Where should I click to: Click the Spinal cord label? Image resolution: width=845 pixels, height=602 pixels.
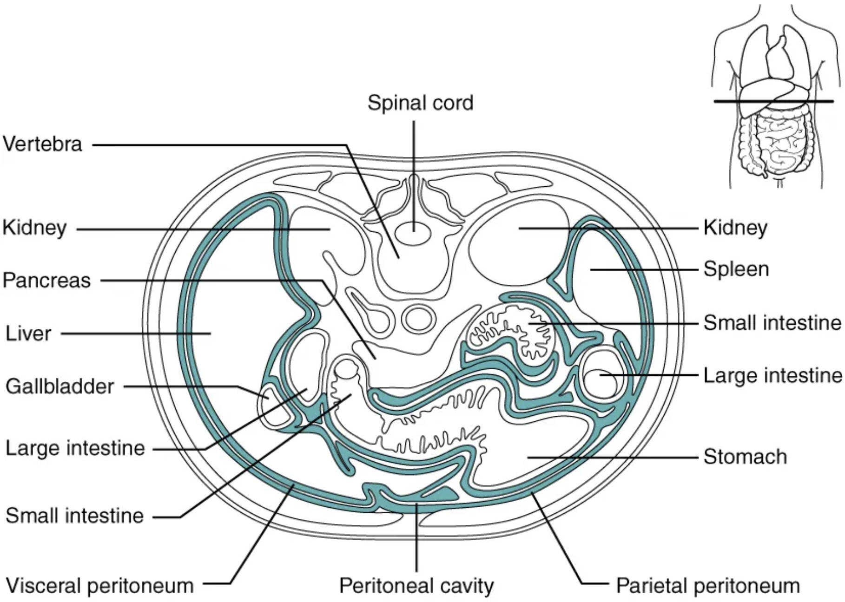tap(420, 103)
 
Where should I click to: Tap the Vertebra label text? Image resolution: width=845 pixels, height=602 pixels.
tap(42, 144)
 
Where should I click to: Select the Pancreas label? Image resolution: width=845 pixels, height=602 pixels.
tap(46, 281)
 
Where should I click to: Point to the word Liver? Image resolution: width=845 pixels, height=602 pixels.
tap(28, 334)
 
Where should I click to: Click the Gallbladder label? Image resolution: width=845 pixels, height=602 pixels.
tap(59, 386)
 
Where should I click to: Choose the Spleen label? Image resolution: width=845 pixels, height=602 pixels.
tap(736, 269)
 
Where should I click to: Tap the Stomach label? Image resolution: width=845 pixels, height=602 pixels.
tap(745, 457)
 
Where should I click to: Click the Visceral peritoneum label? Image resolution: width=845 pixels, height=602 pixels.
tap(99, 586)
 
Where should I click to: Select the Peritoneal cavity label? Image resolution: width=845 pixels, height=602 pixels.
tap(416, 586)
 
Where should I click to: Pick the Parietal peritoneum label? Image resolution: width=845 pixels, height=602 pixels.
tap(707, 586)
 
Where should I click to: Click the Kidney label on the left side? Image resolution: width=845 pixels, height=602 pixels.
tap(34, 228)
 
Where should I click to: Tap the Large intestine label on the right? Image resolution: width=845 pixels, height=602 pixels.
tap(772, 375)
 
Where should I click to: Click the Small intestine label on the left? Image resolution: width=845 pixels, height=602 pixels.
tap(74, 516)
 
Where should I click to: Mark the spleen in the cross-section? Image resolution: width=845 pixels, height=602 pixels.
tap(604, 279)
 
